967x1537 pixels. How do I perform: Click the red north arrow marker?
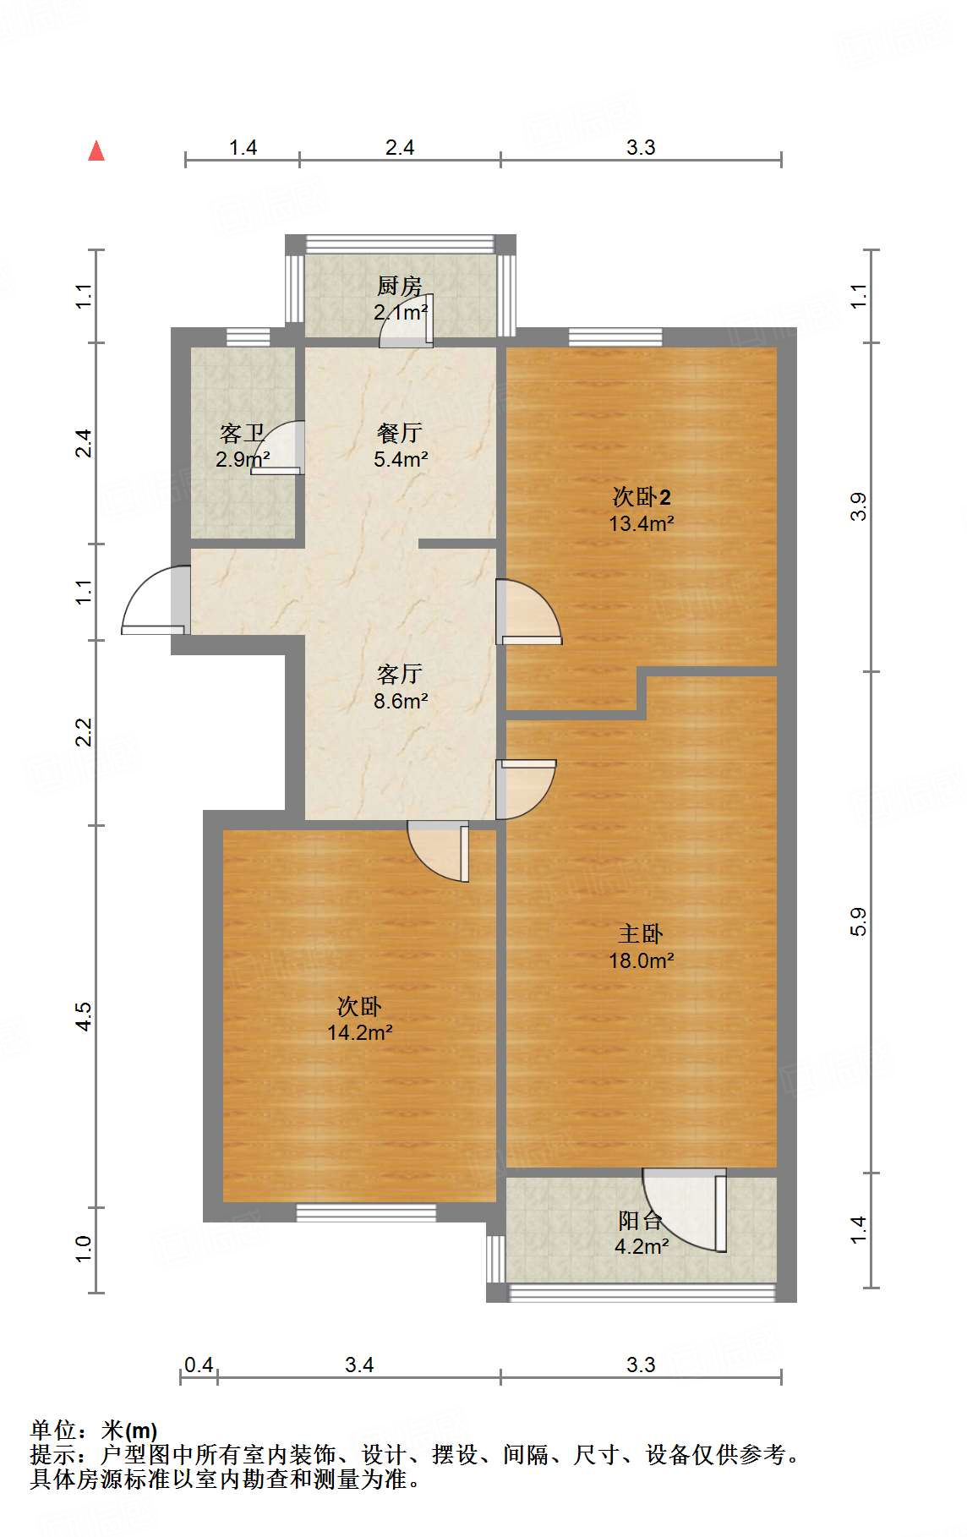[x=96, y=151]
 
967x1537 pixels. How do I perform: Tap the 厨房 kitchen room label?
[x=399, y=286]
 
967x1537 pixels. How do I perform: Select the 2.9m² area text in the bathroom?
[x=242, y=460]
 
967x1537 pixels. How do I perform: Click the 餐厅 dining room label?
[x=400, y=433]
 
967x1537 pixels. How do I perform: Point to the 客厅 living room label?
[x=400, y=674]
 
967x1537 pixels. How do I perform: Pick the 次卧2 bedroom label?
[x=641, y=496]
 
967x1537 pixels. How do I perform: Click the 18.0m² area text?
[x=641, y=960]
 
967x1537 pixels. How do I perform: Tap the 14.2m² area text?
[x=359, y=1032]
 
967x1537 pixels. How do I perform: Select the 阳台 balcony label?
[x=640, y=1220]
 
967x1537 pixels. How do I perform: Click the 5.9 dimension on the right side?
[x=859, y=922]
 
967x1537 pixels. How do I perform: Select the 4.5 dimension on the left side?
[x=83, y=1015]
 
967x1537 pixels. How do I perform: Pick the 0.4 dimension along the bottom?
[x=199, y=1365]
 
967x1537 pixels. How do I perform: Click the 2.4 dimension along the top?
[x=400, y=148]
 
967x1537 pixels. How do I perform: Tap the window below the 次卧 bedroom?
[x=366, y=1213]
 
